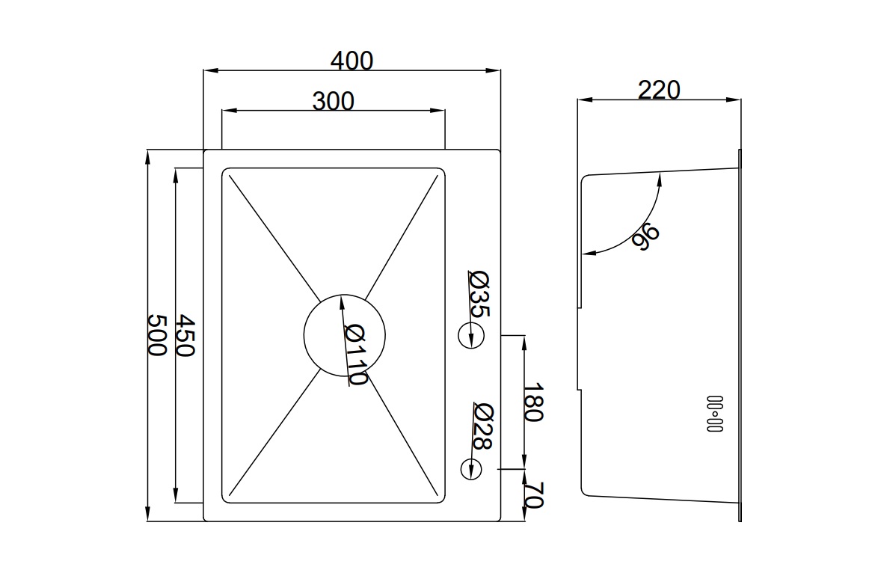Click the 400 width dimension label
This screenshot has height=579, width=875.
tap(351, 60)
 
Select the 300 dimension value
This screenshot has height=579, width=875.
tap(333, 100)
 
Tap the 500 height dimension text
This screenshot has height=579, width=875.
tap(156, 334)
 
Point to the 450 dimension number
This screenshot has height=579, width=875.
tap(185, 334)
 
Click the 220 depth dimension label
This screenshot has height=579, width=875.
tap(659, 90)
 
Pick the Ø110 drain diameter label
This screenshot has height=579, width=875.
tap(356, 355)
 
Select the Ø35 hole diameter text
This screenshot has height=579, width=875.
tap(479, 292)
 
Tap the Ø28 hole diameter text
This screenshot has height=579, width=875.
tap(482, 426)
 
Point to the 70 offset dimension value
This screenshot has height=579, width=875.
tap(532, 495)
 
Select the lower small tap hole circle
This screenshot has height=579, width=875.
tap(470, 468)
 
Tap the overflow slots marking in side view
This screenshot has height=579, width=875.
tap(715, 414)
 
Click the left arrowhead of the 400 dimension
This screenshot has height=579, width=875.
tap(209, 71)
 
